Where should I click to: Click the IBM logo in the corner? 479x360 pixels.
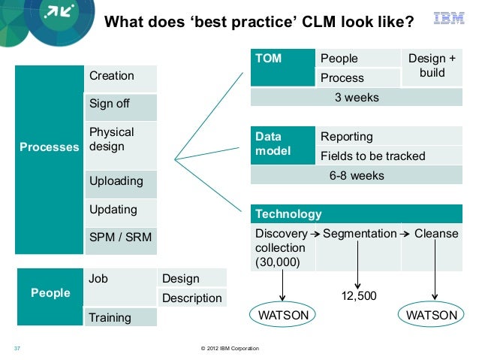[x=449, y=18]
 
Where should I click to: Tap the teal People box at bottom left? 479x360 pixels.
[x=50, y=292]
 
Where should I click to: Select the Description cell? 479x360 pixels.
[x=191, y=298]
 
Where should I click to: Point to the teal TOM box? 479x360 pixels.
[x=282, y=68]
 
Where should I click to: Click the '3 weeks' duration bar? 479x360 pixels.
[x=356, y=98]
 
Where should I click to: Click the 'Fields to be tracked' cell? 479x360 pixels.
[x=373, y=156]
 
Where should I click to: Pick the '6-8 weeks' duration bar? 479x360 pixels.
[x=356, y=176]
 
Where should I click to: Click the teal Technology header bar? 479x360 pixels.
[x=356, y=214]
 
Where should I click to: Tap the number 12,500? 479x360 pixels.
[x=359, y=297]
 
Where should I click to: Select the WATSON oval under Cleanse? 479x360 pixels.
[x=431, y=316]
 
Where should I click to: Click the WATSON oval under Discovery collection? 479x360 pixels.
[x=283, y=316]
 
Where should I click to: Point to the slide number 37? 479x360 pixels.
[x=17, y=349]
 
